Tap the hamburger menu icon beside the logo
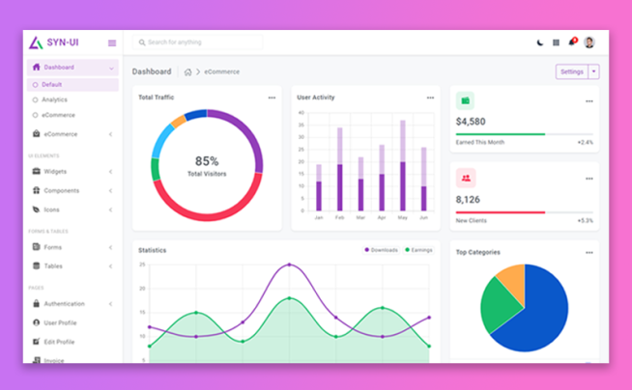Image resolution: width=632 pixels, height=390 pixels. [x=112, y=42]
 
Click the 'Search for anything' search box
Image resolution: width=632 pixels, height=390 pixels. [x=198, y=42]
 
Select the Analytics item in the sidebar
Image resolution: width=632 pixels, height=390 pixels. [x=55, y=99]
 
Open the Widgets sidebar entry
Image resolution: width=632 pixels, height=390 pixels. [x=55, y=171]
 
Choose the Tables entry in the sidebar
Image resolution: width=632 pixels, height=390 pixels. [x=53, y=265]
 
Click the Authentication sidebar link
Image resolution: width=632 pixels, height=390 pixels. [x=64, y=303]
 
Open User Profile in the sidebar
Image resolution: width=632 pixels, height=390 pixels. [x=60, y=322]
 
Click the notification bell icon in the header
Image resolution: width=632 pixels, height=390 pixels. [x=572, y=42]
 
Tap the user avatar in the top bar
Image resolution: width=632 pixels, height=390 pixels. [x=589, y=42]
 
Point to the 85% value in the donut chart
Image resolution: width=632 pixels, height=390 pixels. [x=207, y=161]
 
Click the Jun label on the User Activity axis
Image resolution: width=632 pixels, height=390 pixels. [x=423, y=217]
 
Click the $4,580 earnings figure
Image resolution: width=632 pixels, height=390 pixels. [x=471, y=122]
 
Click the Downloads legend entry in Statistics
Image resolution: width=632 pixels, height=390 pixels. [x=383, y=250]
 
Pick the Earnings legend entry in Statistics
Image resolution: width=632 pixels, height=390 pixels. [x=419, y=250]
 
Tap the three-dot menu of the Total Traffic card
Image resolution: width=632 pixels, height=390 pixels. [x=272, y=97]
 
